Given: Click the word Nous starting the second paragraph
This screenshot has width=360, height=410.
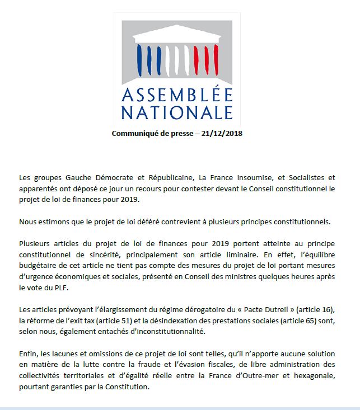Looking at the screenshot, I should (x=28, y=221).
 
